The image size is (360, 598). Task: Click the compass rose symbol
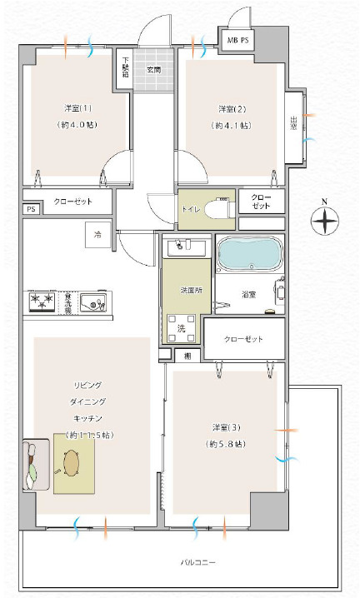[324, 221]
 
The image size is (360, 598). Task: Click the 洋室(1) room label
[73, 109]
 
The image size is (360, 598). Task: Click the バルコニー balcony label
[197, 563]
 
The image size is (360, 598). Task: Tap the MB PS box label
[237, 40]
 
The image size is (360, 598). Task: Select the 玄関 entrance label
[152, 69]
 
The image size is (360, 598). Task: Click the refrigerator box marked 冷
[97, 235]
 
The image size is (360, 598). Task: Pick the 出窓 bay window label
[294, 122]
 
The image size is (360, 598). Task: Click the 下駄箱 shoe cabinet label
[126, 67]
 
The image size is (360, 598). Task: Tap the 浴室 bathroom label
[248, 294]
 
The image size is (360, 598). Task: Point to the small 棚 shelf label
[187, 356]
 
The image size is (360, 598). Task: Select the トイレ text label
[189, 210]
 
